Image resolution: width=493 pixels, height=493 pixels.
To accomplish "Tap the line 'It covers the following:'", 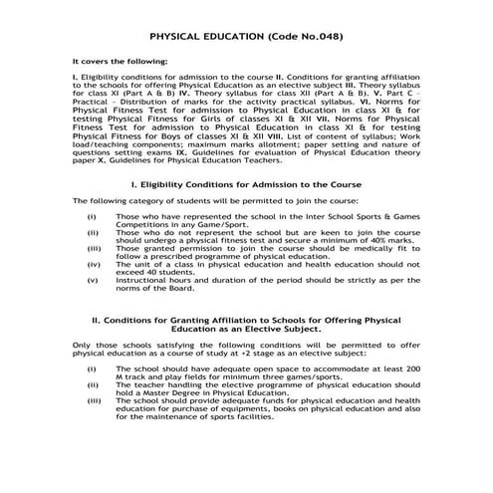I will [x=120, y=62].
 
